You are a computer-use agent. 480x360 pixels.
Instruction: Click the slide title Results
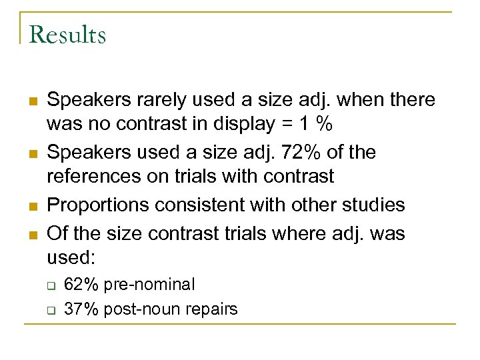pyautogui.click(x=68, y=35)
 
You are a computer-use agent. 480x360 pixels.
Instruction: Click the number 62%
pyautogui.click(x=81, y=285)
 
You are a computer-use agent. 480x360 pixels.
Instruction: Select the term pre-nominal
pyautogui.click(x=147, y=285)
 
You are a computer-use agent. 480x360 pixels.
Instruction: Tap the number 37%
pyautogui.click(x=81, y=309)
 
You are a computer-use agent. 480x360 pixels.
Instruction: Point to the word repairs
pyautogui.click(x=209, y=309)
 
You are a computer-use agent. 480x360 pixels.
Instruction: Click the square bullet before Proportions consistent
pyautogui.click(x=32, y=205)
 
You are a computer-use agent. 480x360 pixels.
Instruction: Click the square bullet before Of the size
pyautogui.click(x=32, y=235)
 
